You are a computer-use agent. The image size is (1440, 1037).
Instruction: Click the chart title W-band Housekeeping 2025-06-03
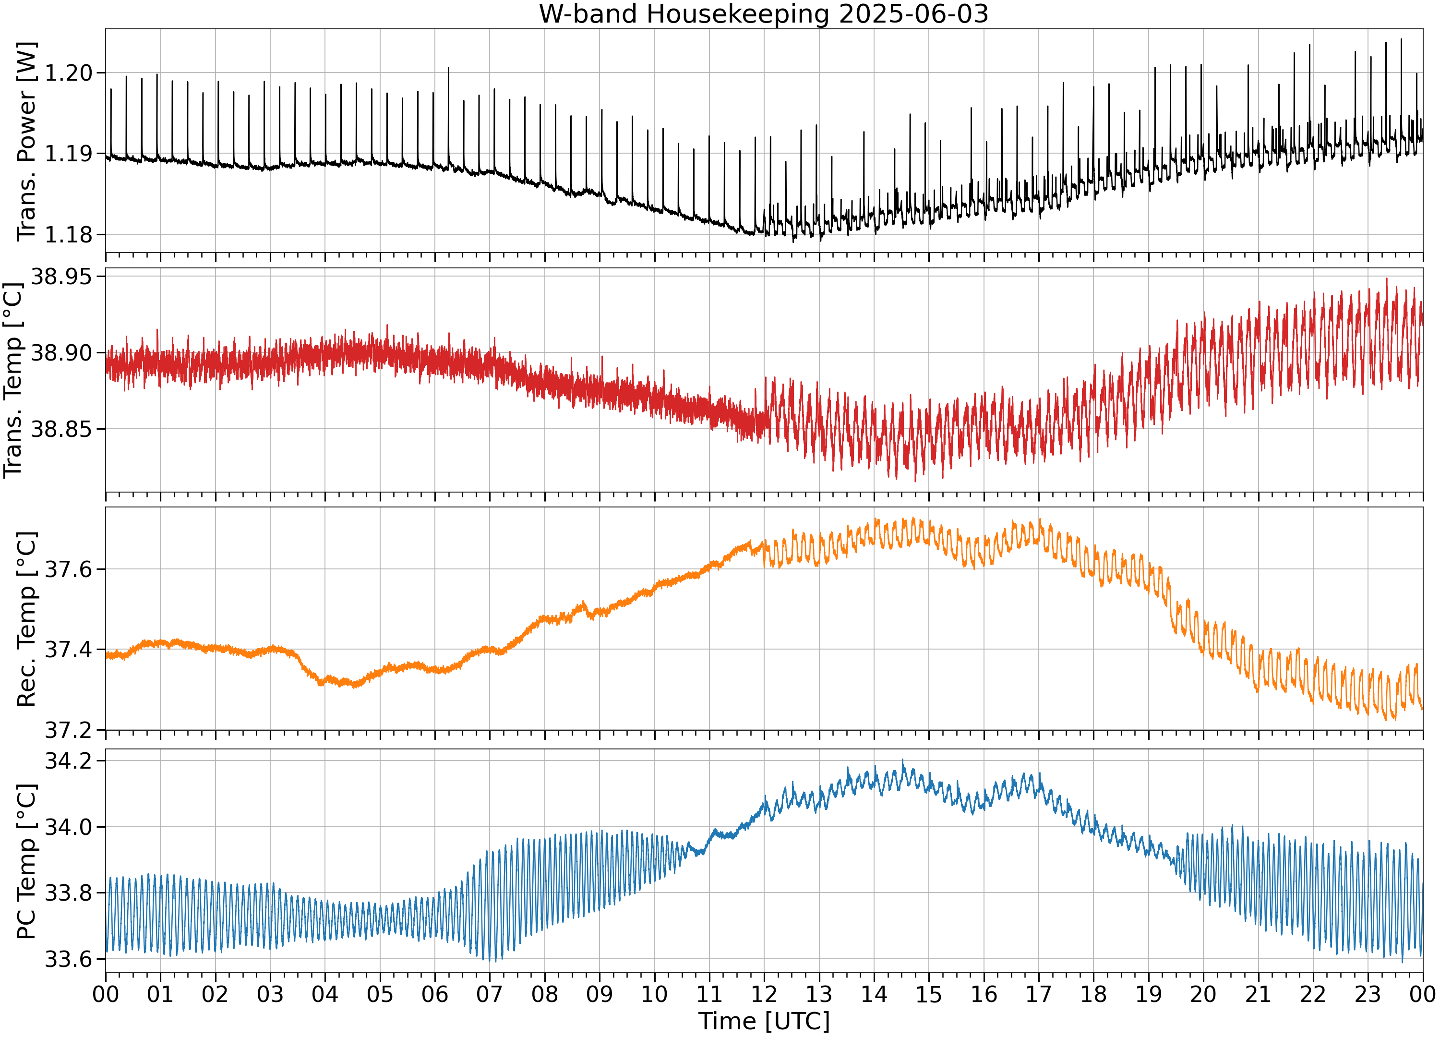(x=764, y=14)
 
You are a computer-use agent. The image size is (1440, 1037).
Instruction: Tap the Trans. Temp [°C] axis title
(x=12, y=380)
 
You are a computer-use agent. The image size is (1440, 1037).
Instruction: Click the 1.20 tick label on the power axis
(x=69, y=73)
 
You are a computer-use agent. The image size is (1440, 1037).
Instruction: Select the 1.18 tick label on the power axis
(x=69, y=234)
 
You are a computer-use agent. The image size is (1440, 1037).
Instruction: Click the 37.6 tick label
(x=69, y=569)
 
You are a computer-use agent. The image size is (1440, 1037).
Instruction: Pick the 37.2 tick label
(x=69, y=730)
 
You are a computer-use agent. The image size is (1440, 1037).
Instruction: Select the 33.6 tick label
(x=69, y=959)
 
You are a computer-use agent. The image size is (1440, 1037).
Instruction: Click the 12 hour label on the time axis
(x=764, y=994)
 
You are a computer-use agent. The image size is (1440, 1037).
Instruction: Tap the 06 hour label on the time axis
(x=435, y=994)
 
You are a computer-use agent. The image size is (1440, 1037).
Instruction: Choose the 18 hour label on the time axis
(x=1093, y=994)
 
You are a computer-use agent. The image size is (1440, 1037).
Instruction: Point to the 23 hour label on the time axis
(x=1368, y=994)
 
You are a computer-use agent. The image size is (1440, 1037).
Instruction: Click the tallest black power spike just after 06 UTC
(x=448, y=67)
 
